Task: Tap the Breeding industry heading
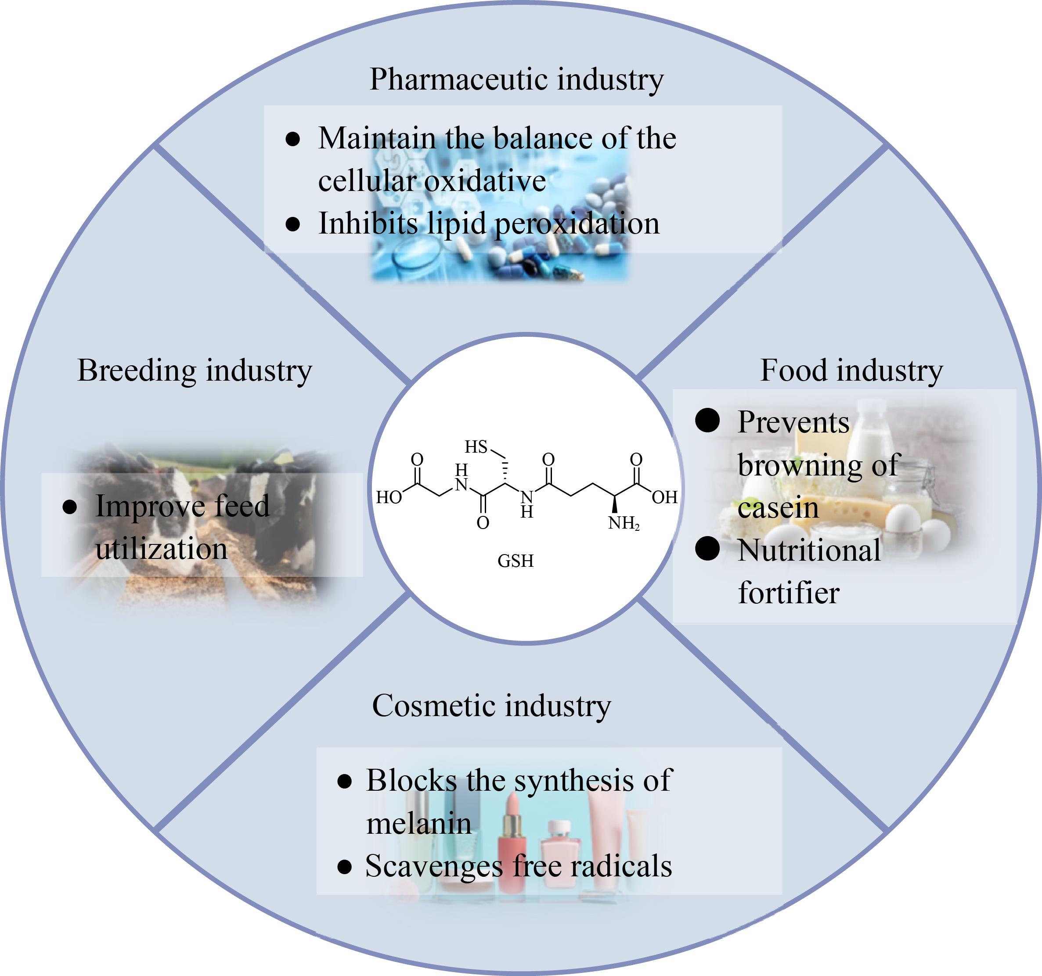coord(195,371)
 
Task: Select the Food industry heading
coord(851,371)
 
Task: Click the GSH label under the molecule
coord(515,561)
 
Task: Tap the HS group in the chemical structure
coord(476,447)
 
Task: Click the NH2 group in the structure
coord(624,523)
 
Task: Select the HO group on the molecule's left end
coord(389,497)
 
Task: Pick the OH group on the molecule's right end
coord(665,497)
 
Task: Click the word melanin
coord(419,824)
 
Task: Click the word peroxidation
coord(577,224)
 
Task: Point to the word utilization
coord(162,549)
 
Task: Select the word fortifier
coord(789,593)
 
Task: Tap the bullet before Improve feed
coord(70,507)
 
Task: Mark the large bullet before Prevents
coord(707,420)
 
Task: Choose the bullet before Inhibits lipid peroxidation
coord(292,224)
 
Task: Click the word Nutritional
coord(809,551)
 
